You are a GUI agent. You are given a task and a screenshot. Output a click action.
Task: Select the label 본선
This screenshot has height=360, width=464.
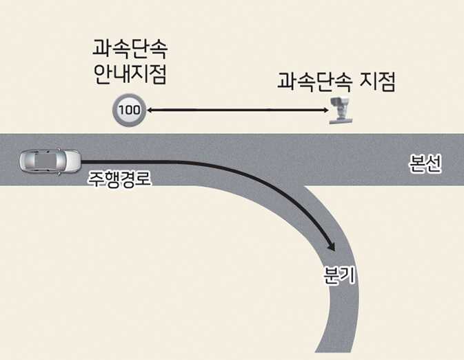pos(425,166)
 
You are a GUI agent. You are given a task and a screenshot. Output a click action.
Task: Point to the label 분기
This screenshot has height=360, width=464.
pos(339,275)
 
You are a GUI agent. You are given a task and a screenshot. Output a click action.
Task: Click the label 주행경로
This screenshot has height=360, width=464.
pos(119,181)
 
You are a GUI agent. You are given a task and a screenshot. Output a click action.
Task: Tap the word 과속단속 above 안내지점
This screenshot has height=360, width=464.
pos(130,50)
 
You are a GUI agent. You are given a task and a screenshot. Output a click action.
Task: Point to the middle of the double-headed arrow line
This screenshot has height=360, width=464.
pos(236,110)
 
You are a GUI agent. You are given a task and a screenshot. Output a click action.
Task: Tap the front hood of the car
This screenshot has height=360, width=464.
pos(72,161)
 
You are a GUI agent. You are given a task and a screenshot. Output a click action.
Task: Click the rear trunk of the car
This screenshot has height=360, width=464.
pos(26,161)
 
